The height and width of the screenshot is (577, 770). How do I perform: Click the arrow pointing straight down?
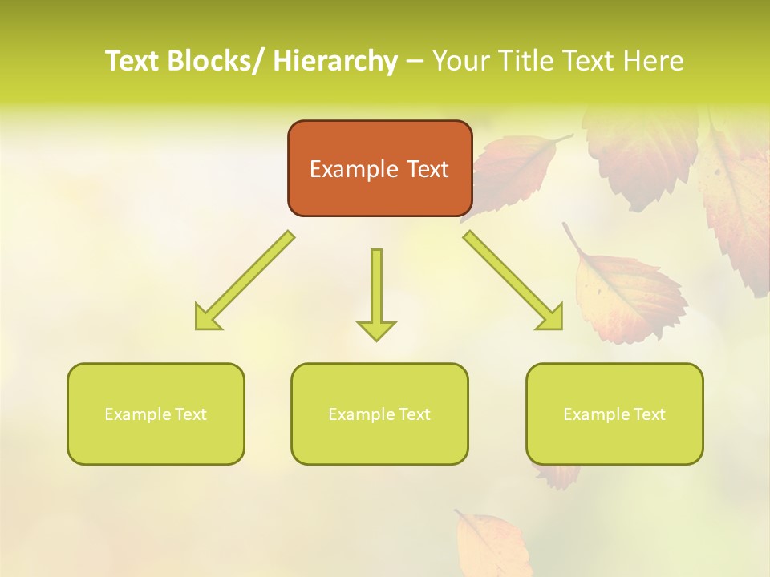click(x=376, y=293)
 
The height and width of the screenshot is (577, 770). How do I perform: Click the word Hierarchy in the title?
click(x=334, y=61)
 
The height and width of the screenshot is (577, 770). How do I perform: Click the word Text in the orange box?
click(x=427, y=169)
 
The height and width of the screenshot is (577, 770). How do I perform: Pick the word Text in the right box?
click(x=649, y=414)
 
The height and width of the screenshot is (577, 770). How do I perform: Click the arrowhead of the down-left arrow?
click(x=206, y=319)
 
